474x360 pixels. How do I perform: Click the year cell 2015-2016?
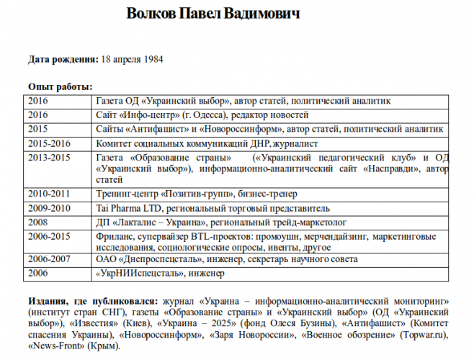click(x=50, y=143)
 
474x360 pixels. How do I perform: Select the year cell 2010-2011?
click(x=50, y=193)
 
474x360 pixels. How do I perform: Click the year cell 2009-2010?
click(x=50, y=207)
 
